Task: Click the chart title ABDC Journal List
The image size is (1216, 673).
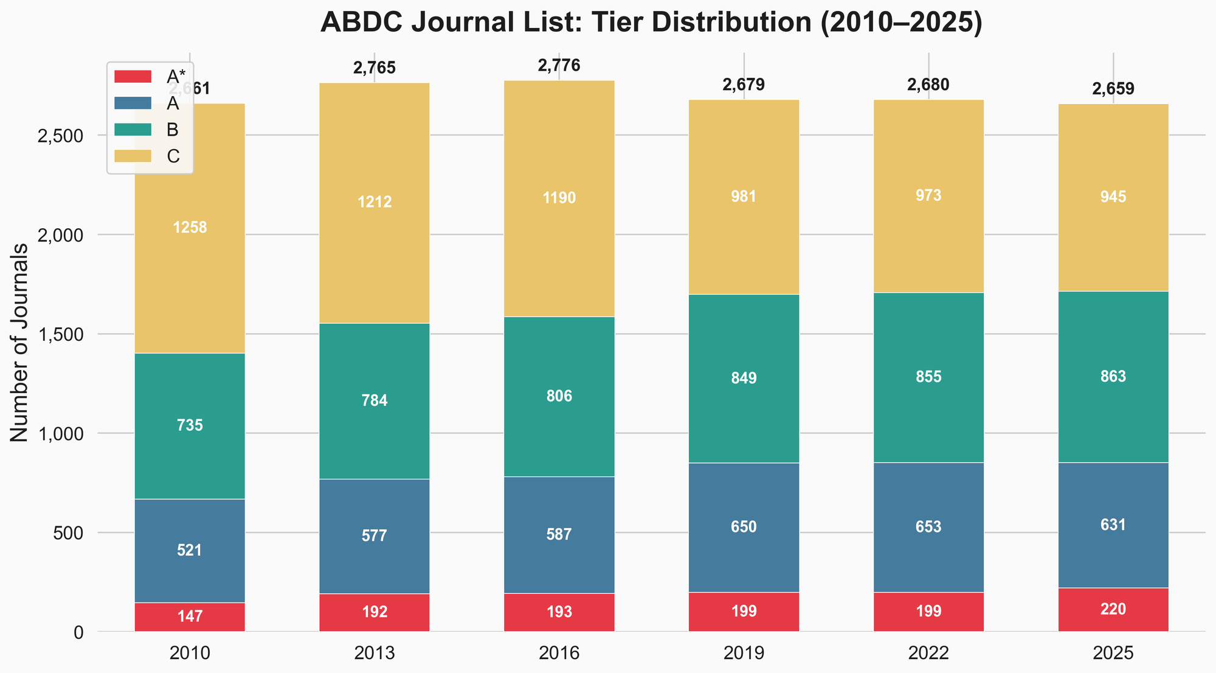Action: [x=651, y=23]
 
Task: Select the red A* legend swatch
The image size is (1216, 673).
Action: [x=133, y=77]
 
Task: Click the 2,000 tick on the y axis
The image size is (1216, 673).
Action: [x=60, y=235]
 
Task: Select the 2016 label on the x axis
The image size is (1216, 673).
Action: [x=559, y=654]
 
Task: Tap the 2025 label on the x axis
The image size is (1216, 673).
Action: [x=1113, y=654]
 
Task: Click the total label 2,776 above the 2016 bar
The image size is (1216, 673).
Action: [x=559, y=66]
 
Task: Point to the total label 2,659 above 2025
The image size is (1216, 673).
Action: [x=1113, y=89]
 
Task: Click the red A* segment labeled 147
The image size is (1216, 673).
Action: [x=190, y=617]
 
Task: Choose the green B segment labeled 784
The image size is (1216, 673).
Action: [x=375, y=401]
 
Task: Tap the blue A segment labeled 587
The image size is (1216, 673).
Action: [x=559, y=535]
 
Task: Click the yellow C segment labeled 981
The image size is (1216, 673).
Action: [x=744, y=197]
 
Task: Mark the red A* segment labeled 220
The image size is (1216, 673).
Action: [x=1113, y=610]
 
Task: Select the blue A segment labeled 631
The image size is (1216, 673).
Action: [x=1113, y=525]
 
